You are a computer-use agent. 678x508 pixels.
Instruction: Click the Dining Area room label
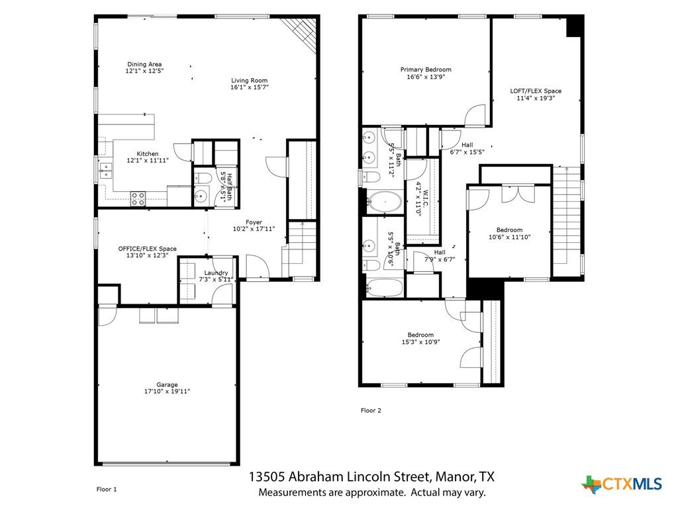pos(144,64)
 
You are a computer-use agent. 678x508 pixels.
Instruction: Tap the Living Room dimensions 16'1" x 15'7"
pos(250,87)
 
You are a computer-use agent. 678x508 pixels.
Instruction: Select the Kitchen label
pos(148,153)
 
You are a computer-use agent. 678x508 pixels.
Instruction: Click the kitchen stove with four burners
pos(138,198)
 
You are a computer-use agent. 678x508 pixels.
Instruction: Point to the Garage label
pos(167,385)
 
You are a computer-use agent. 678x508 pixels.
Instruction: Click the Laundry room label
pos(216,273)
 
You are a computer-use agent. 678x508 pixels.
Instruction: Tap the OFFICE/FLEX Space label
pos(148,249)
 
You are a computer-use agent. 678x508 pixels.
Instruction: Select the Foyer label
pos(254,222)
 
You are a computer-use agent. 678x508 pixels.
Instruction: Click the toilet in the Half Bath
pos(203,178)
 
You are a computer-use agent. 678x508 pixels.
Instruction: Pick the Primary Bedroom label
pos(426,69)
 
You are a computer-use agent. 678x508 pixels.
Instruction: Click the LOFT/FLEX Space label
pos(536,91)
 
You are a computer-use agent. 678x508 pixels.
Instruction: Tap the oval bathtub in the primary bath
pos(384,202)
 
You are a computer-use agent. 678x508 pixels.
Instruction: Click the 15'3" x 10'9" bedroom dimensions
pos(420,342)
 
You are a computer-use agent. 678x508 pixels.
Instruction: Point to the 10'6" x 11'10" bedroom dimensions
pos(509,237)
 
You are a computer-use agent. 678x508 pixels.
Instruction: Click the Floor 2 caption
pos(371,410)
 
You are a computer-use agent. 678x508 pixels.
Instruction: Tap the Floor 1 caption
pos(107,489)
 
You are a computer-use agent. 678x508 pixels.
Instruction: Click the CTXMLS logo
pos(622,484)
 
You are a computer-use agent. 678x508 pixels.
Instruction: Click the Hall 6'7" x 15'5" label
pos(467,149)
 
